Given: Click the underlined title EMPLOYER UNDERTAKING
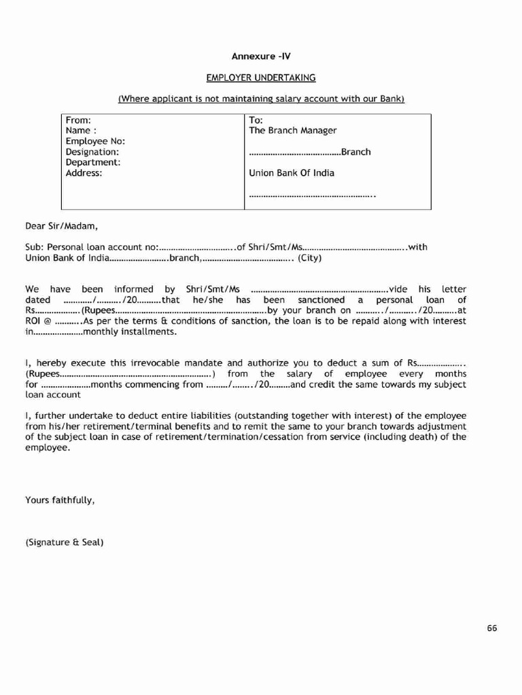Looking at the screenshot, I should coord(261,78).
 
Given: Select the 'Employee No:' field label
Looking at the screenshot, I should coord(95,141).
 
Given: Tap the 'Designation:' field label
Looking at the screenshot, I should coord(92,152).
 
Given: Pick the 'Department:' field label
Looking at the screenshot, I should coord(93,163).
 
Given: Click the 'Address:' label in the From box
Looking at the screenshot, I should coord(84,173).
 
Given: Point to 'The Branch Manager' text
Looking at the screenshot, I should coord(293,130).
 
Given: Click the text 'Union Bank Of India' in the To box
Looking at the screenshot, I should coord(292,173).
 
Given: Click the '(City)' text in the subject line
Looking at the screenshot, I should coord(310,258).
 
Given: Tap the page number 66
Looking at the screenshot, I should coord(492,628).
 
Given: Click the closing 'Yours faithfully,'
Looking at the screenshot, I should coord(60,500).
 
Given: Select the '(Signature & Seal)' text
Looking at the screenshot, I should coord(65,543).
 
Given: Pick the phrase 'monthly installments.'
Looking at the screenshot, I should coord(130,333).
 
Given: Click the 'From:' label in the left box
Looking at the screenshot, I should coord(78,119).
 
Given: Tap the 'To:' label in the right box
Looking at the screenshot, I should coord(256,119).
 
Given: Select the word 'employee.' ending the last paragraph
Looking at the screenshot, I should coord(48,448).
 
